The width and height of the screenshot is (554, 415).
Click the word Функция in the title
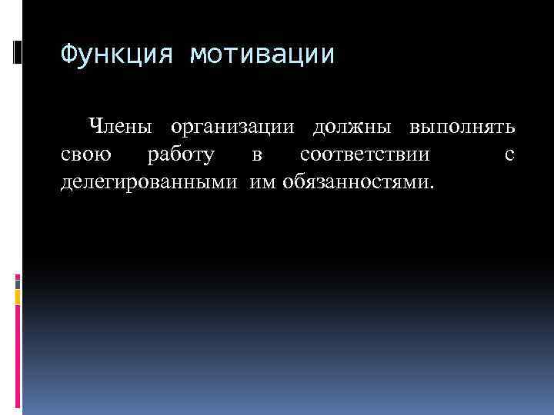pos(118,55)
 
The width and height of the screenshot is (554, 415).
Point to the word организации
pos(234,126)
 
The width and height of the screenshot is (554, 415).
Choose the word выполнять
pos(462,126)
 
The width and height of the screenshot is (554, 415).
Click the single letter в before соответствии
pos(257,155)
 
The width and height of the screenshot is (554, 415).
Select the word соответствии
pos(365,154)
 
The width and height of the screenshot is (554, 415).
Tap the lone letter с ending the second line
pos(509,155)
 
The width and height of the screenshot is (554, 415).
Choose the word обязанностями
pos(357,183)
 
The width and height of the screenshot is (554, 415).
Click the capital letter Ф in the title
pos(69,55)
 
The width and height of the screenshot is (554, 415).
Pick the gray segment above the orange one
pos(17,282)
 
